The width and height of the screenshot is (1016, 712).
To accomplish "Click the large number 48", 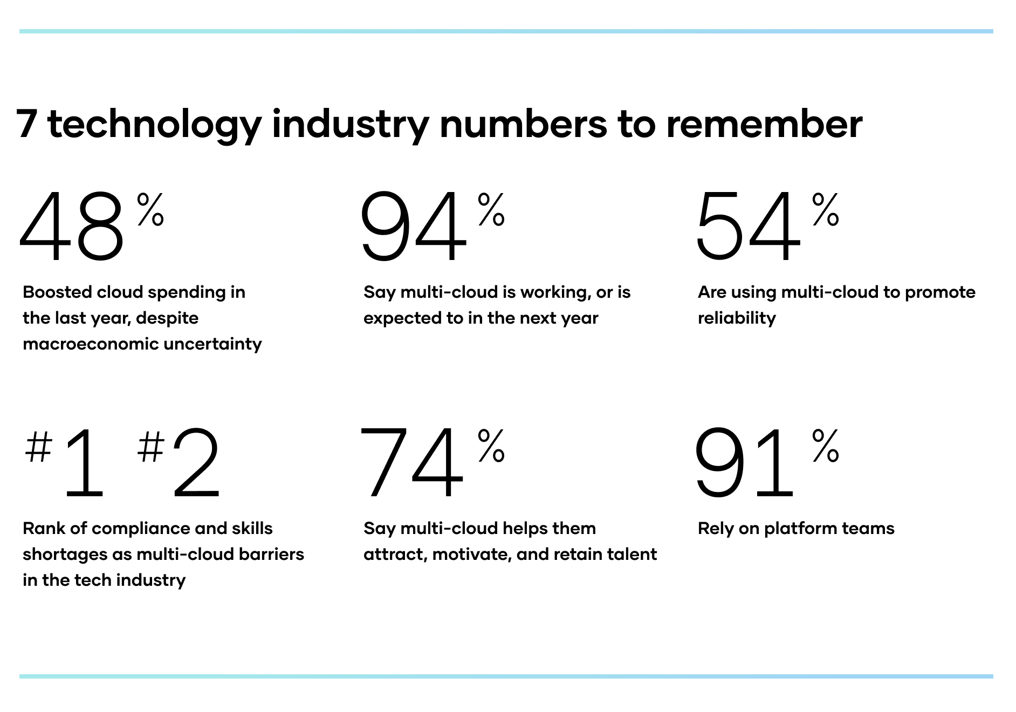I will click(72, 227).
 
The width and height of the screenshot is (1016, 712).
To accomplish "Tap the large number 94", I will click(413, 227).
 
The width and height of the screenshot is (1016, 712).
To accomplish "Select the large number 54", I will click(748, 227).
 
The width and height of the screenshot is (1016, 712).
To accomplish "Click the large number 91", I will click(744, 463).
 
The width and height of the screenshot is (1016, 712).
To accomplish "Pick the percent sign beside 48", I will click(150, 209).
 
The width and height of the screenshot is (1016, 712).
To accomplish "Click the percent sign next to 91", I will click(826, 446).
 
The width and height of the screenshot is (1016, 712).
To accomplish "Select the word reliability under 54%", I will click(737, 318).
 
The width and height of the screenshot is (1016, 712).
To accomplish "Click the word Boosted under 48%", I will click(57, 292).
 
